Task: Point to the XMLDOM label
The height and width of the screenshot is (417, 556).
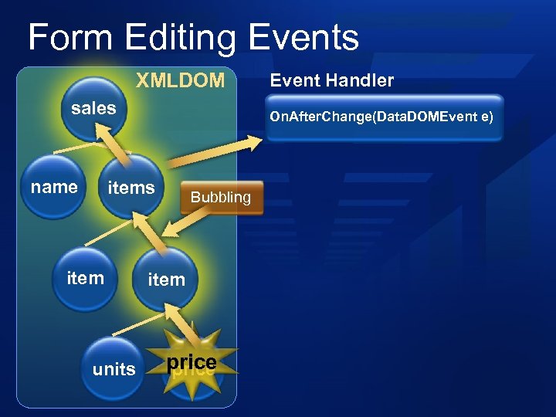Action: pyautogui.click(x=180, y=80)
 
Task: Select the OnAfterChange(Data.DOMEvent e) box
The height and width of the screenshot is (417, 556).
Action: pyautogui.click(x=384, y=117)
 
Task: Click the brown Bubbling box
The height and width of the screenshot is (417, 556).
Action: pyautogui.click(x=222, y=197)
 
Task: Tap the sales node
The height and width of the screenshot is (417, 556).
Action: pyautogui.click(x=93, y=109)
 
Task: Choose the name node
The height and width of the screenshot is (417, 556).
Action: pyautogui.click(x=54, y=187)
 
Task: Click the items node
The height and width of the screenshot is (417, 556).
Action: pyautogui.click(x=131, y=188)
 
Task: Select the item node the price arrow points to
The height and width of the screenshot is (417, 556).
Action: pyautogui.click(x=166, y=279)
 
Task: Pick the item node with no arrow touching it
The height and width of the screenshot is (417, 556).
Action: pyautogui.click(x=85, y=277)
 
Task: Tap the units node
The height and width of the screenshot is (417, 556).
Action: pyautogui.click(x=114, y=369)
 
